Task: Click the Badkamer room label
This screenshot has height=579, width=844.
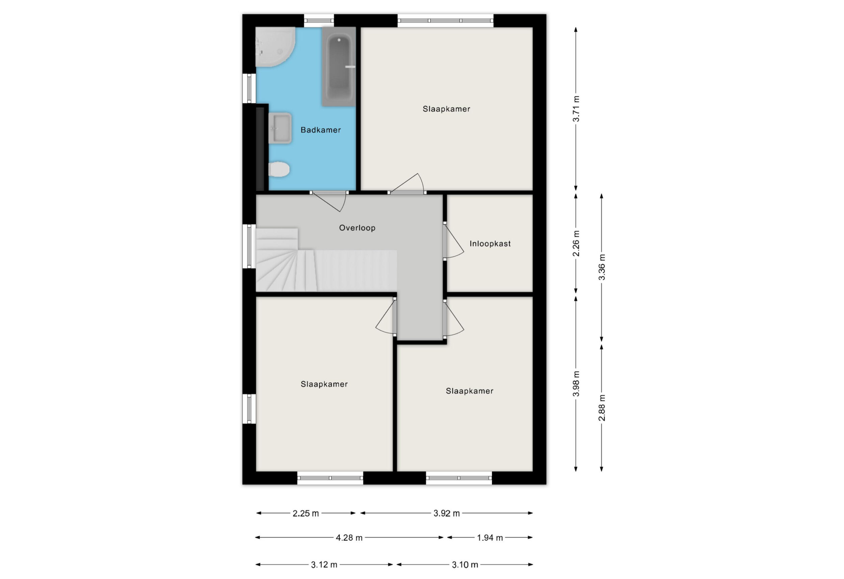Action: click(321, 130)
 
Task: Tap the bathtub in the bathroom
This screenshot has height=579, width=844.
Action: click(339, 67)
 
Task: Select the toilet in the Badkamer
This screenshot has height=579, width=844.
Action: click(279, 169)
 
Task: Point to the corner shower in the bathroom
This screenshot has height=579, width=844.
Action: click(275, 47)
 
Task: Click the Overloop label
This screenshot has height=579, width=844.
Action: click(357, 228)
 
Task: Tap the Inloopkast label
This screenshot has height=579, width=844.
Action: click(490, 244)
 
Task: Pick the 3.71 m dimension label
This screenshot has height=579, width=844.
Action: click(576, 109)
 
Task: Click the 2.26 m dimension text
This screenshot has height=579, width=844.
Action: click(576, 243)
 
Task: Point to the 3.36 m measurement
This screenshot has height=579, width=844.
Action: click(602, 267)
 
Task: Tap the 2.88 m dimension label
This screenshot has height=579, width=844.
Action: click(602, 408)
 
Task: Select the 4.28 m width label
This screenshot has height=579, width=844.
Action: click(349, 537)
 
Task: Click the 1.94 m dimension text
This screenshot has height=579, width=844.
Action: click(490, 537)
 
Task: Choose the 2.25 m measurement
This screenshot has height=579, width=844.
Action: click(306, 513)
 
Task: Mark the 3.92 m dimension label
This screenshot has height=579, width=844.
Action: click(447, 513)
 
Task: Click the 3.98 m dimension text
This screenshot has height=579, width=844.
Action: click(576, 384)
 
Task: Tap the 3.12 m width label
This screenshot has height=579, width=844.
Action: click(324, 564)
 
